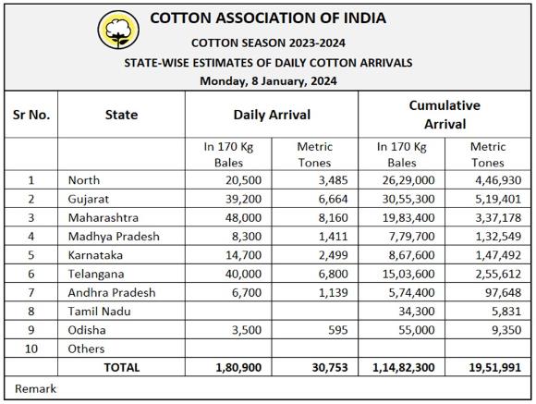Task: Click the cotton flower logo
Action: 118,30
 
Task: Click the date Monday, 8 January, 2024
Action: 268,81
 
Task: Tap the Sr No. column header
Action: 31,115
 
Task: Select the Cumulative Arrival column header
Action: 445,115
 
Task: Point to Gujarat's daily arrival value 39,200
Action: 243,199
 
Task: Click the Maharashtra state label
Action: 104,218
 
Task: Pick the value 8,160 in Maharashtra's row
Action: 334,218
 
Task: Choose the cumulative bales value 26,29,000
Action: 408,180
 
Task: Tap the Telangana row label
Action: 96,274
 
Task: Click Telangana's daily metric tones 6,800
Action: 334,274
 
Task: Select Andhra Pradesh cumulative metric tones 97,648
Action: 503,293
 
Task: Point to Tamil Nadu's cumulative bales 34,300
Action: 417,312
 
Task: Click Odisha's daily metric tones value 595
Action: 337,330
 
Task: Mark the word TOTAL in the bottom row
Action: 122,367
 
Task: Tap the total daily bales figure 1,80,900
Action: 238,368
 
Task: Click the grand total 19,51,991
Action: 495,368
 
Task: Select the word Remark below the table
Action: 35,389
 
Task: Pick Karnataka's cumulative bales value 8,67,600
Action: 411,255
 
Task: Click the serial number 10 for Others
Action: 31,349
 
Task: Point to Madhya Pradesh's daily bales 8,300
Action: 247,237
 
